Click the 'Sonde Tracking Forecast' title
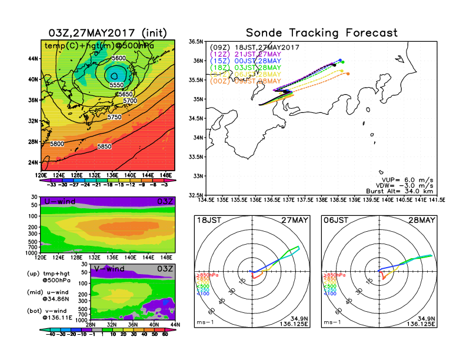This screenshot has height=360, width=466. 321,33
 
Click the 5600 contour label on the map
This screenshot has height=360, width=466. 118,58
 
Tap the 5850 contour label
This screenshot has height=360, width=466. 105,146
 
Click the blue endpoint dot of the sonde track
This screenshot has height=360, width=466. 340,60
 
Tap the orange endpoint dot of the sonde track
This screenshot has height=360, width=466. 348,74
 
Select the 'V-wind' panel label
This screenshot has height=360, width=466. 109,269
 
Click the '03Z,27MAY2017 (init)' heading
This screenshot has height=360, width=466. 107,33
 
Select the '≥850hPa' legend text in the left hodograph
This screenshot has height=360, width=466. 204,275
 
